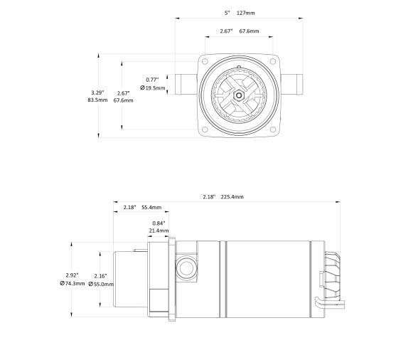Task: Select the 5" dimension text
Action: (x=227, y=13)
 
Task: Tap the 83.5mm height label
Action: (x=97, y=100)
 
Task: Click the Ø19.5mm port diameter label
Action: (x=154, y=88)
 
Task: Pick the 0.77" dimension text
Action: (x=152, y=80)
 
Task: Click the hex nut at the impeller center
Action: (x=240, y=96)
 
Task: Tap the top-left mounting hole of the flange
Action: (x=205, y=63)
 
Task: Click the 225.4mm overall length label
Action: (x=232, y=196)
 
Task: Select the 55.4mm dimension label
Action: (x=151, y=208)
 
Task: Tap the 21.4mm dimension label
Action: (x=159, y=231)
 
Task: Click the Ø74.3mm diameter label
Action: (x=73, y=283)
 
